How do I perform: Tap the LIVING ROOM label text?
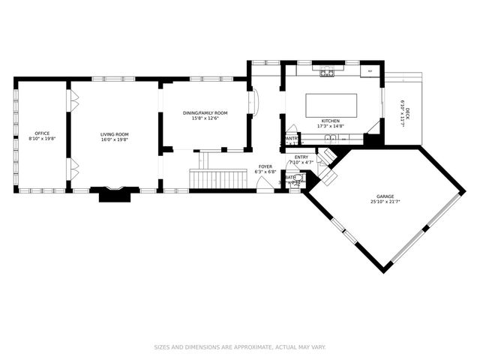click(115, 133)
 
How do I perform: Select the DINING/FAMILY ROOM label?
click(205, 112)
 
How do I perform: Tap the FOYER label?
click(265, 166)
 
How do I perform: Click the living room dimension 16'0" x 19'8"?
click(115, 139)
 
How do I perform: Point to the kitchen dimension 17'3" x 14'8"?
click(331, 126)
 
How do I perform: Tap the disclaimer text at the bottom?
click(240, 347)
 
